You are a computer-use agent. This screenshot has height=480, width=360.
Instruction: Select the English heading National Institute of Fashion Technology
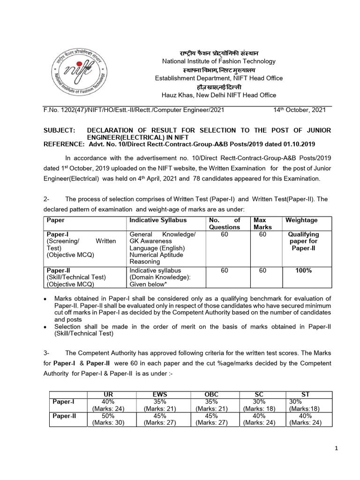click(x=219, y=61)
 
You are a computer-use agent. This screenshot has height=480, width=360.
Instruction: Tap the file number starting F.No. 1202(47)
click(x=127, y=110)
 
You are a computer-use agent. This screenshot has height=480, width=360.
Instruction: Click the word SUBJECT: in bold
click(x=59, y=130)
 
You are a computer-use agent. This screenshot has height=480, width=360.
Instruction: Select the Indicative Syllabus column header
click(x=158, y=220)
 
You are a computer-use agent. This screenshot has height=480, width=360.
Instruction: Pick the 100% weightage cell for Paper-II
click(x=303, y=270)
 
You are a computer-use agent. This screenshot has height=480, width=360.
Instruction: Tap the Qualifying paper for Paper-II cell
click(x=303, y=241)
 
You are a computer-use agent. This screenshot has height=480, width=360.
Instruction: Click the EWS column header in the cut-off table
click(x=160, y=395)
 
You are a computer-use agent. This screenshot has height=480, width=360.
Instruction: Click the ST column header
click(x=305, y=395)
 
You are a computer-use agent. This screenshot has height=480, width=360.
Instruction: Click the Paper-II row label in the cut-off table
click(x=63, y=416)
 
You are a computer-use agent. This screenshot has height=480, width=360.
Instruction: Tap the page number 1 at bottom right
click(x=337, y=449)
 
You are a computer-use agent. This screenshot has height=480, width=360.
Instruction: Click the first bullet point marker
click(x=45, y=299)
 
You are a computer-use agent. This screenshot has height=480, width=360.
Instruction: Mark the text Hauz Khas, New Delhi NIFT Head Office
click(x=219, y=95)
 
